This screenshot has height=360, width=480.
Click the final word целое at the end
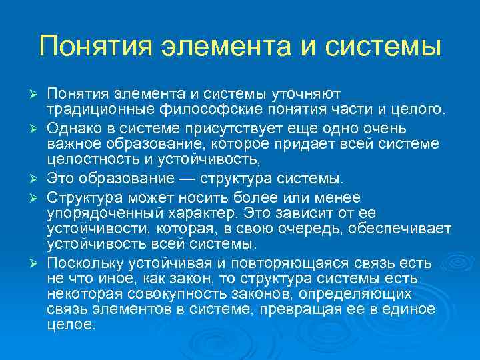[72, 325]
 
